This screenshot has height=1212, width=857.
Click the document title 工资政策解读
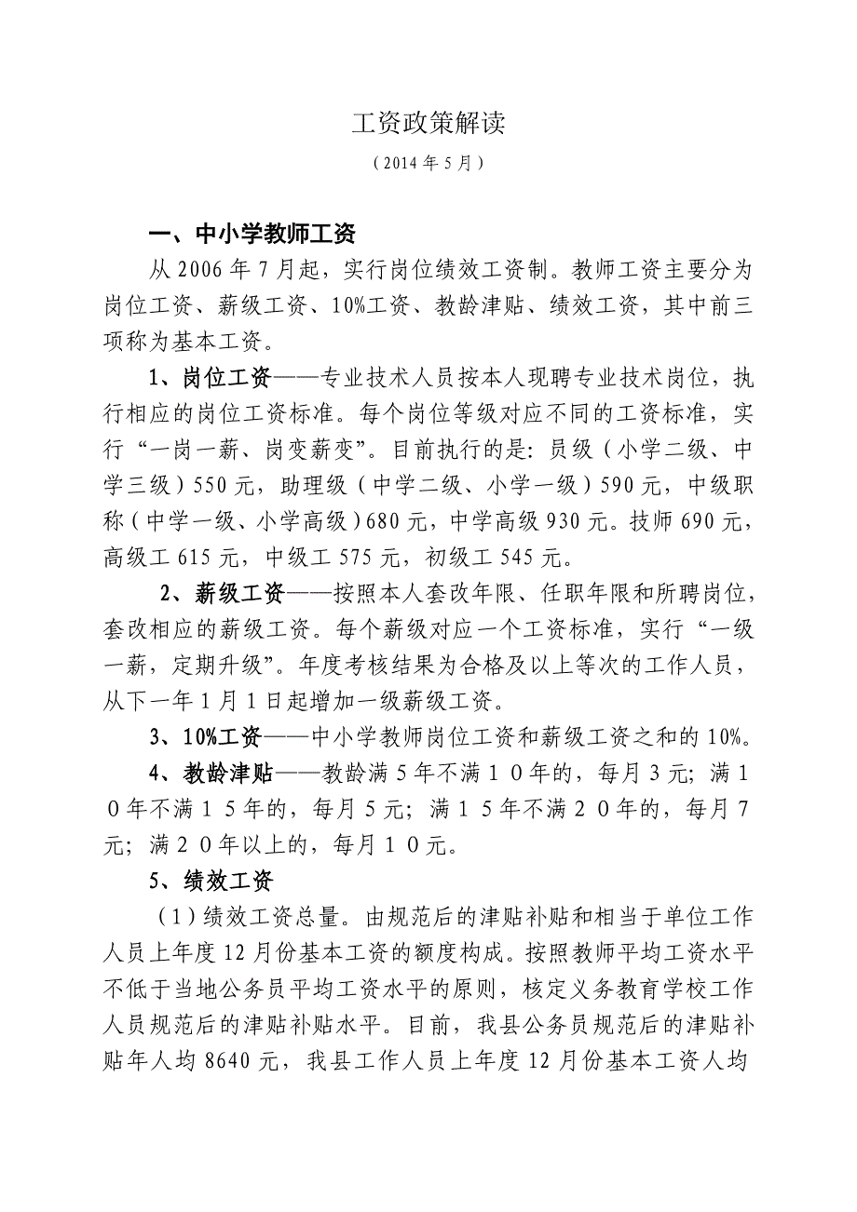(x=428, y=125)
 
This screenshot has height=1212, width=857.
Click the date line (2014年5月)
(x=428, y=163)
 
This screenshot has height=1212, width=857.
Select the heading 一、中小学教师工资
(x=254, y=233)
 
